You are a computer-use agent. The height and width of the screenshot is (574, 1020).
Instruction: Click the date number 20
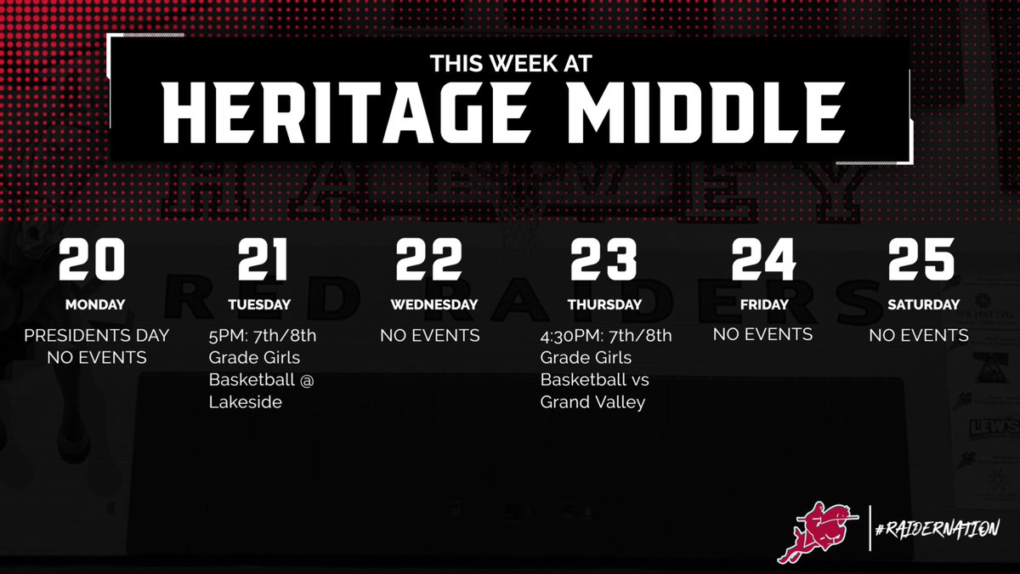(92, 259)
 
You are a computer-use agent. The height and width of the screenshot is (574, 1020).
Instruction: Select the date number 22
(428, 259)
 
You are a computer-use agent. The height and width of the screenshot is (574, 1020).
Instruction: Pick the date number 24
(762, 259)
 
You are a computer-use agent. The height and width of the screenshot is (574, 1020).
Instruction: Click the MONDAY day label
(96, 304)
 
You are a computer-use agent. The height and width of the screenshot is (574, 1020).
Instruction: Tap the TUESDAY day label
(259, 304)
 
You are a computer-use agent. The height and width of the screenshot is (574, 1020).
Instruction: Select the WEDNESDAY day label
(433, 304)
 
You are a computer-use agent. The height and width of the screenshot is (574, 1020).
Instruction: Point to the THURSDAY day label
(605, 304)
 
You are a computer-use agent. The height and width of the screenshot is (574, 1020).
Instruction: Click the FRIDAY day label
(762, 304)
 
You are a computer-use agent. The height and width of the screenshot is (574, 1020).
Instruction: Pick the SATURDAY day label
(923, 304)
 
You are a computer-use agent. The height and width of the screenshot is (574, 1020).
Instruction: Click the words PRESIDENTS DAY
(97, 335)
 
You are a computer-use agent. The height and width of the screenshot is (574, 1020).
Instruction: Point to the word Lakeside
(246, 401)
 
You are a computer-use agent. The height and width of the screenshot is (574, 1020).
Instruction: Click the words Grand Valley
(592, 401)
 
